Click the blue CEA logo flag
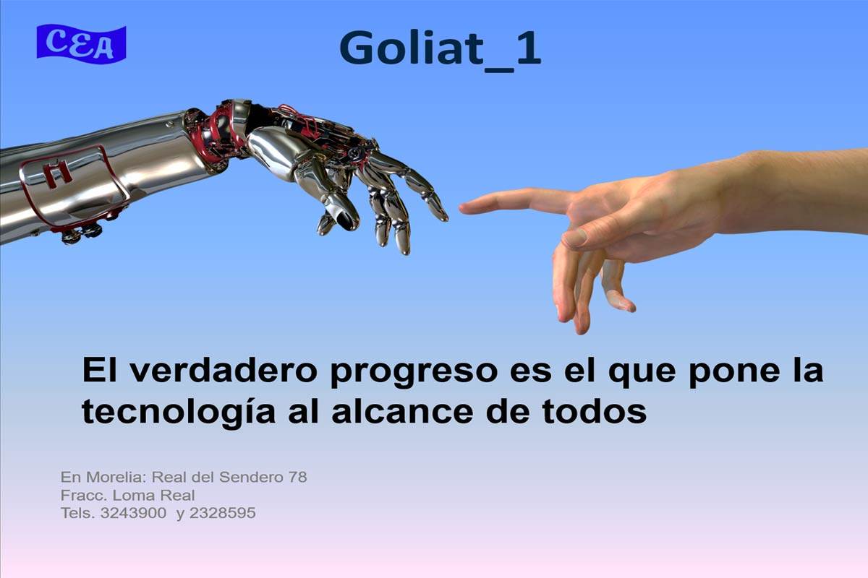(81, 44)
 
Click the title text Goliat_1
(441, 51)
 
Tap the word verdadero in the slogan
(224, 371)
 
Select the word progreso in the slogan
(414, 374)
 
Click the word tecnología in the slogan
(179, 413)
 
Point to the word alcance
(402, 412)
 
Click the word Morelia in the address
(116, 478)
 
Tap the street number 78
(297, 478)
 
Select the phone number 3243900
(133, 513)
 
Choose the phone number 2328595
(223, 513)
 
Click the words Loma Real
(153, 495)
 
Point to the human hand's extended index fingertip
(463, 209)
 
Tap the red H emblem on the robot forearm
(58, 174)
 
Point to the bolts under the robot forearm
(82, 233)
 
